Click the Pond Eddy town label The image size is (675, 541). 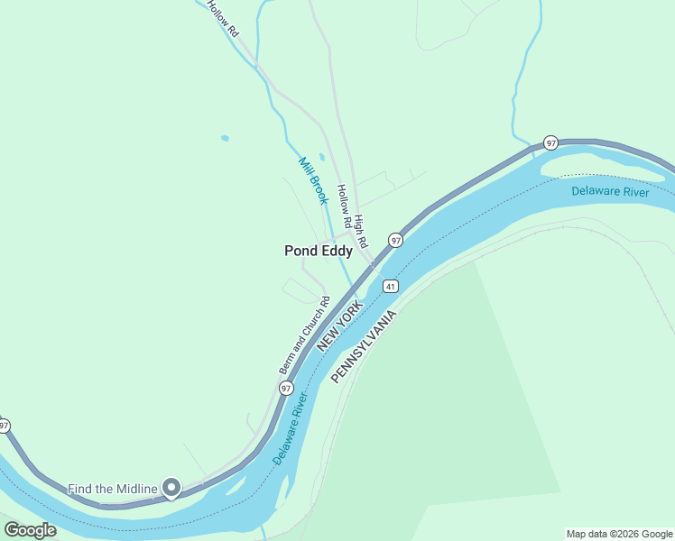pos(318,252)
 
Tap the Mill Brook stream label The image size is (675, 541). pos(313,180)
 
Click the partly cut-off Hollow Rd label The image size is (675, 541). pos(221,17)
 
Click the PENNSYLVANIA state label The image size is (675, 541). pos(364,346)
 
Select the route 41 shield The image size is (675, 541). pos(390,286)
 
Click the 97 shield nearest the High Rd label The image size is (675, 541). pos(394,240)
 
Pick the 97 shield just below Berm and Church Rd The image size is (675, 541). pos(286,388)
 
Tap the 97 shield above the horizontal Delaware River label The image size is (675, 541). pos(550,143)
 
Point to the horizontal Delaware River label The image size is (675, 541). pos(610,191)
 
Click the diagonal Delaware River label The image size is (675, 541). pos(291,428)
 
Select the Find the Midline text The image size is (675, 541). pos(112,489)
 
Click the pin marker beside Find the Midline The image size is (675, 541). pos(171,488)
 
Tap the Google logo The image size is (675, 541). pos(30,530)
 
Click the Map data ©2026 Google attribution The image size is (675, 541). pos(619,534)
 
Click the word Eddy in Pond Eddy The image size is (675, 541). pos(336,252)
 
